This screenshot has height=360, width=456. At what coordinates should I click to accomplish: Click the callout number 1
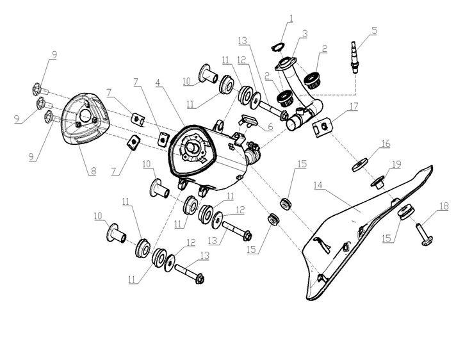pos(291,19)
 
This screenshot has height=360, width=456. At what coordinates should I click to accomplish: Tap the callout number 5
pos(374,31)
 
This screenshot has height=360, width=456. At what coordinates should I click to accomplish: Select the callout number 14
pos(318,185)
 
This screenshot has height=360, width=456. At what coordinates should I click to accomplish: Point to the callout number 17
pos(354,106)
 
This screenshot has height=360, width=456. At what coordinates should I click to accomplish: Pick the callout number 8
pos(93,171)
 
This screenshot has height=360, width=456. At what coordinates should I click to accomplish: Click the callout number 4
pos(158,83)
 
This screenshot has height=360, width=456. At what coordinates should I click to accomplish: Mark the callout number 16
pos(386,143)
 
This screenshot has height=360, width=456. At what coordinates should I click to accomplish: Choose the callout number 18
pos(444,206)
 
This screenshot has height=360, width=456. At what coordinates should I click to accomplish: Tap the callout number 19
pos(396,165)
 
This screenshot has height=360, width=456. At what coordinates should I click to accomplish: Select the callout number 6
pos(270,126)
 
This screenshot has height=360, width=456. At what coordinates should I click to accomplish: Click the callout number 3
pos(304,34)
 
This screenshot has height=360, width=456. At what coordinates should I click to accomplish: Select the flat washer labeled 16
pos(361,165)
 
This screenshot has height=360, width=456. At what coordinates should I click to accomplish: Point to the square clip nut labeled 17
pos(323,126)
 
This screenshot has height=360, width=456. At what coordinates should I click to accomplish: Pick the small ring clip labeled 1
pos(277,47)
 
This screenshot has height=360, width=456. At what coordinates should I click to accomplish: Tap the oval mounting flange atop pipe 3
pos(286,63)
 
